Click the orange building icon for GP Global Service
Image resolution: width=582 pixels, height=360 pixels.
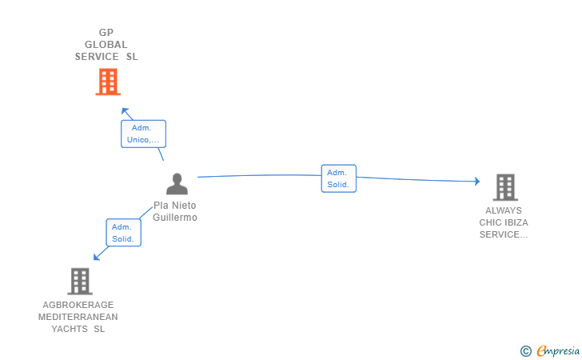[107, 82]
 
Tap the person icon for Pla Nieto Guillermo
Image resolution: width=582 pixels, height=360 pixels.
[177, 184]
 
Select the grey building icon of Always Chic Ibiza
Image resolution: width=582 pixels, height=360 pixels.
[505, 187]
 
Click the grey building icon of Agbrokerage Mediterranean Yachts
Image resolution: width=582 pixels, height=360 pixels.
[80, 281]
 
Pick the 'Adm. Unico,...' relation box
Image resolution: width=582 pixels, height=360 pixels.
[143, 134]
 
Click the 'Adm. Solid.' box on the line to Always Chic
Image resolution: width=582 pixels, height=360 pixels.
[338, 178]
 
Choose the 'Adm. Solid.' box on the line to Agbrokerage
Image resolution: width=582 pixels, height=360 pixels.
[123, 233]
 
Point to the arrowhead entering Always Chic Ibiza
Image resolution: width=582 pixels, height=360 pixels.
[477, 182]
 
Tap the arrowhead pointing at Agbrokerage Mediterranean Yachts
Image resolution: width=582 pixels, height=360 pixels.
[96, 257]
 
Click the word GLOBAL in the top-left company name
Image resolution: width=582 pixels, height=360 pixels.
[106, 45]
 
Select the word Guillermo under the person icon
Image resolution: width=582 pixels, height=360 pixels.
[176, 218]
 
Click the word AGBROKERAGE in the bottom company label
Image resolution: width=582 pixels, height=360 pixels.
[78, 305]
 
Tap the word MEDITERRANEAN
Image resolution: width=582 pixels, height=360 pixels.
[78, 317]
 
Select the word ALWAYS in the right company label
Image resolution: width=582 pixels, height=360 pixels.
[503, 210]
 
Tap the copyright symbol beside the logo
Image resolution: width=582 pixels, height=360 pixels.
[525, 350]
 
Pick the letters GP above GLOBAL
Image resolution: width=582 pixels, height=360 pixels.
[106, 33]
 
